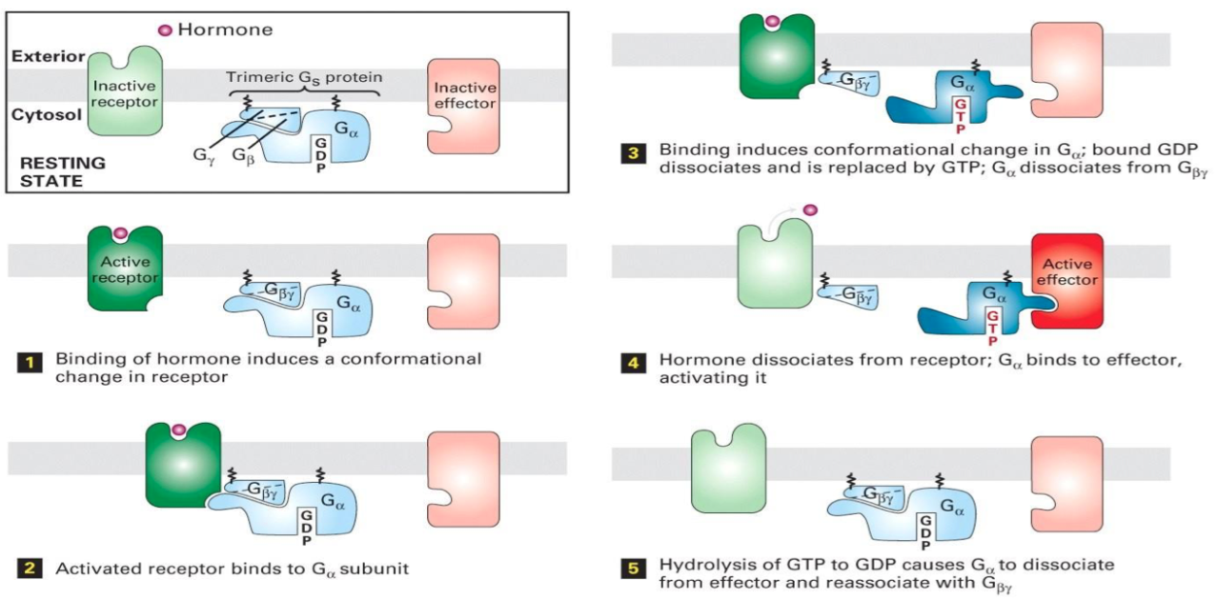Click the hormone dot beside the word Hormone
(164, 30)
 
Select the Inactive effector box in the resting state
(464, 98)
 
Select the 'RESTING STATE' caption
(63, 170)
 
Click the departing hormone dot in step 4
(810, 210)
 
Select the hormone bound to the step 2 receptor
(178, 432)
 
